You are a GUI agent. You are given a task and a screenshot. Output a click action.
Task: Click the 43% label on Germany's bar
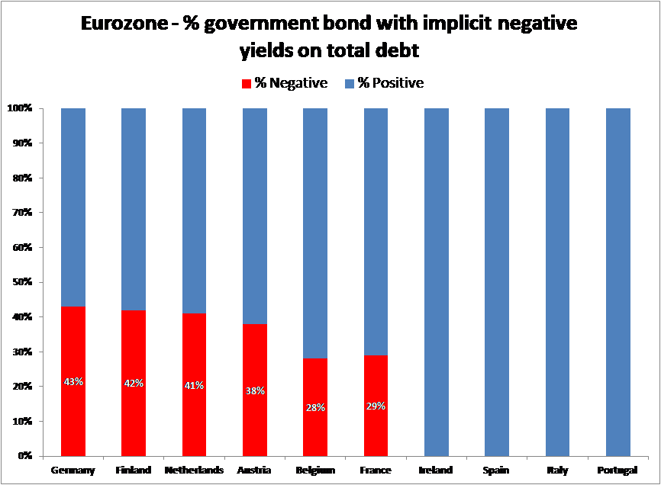(x=73, y=381)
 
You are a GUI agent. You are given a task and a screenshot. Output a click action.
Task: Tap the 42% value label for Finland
(x=134, y=384)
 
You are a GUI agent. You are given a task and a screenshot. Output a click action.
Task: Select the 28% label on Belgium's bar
(x=315, y=407)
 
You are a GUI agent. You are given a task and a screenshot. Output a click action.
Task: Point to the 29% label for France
(x=376, y=406)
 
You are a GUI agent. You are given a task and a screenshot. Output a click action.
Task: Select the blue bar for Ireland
(x=437, y=282)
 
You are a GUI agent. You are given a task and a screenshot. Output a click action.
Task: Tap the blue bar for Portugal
(x=618, y=282)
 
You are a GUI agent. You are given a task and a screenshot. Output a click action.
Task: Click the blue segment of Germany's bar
(x=73, y=206)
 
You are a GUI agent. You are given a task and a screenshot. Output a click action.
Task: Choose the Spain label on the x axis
(x=497, y=471)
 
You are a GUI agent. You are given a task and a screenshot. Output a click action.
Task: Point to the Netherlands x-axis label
(x=194, y=471)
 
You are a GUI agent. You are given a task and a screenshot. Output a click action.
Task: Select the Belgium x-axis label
(x=315, y=471)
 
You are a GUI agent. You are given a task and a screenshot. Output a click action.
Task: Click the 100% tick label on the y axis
(x=20, y=108)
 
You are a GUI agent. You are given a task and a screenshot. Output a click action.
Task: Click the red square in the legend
(x=247, y=83)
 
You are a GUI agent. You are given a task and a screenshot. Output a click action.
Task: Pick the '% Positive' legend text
(x=391, y=83)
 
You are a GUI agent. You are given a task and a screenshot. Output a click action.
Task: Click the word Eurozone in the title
(x=124, y=25)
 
